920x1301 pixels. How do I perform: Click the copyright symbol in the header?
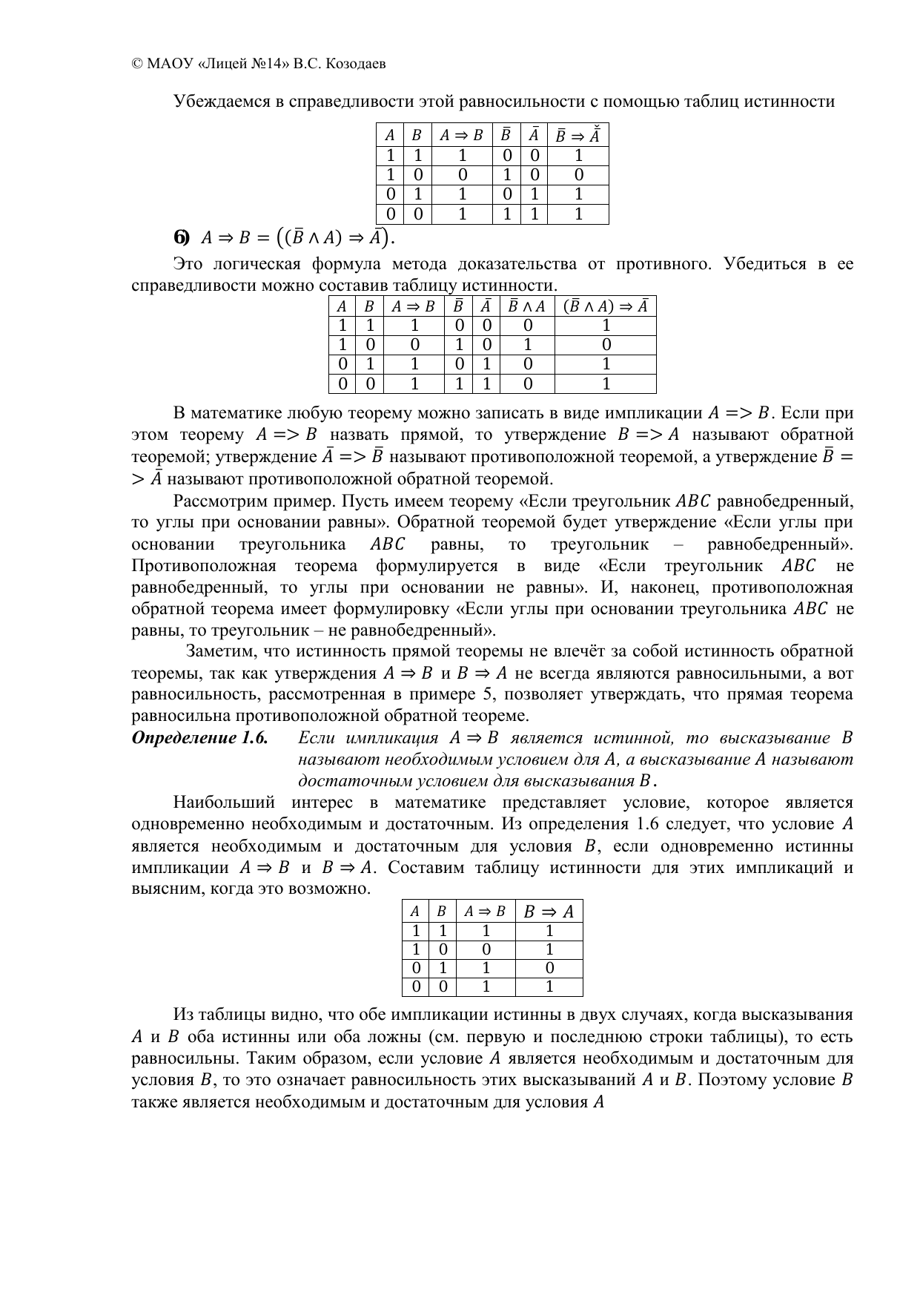pos(136,64)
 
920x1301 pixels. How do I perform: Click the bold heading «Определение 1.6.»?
pos(199,738)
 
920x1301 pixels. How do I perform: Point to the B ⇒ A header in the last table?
pos(549,912)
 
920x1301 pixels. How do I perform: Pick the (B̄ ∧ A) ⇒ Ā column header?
pos(606,306)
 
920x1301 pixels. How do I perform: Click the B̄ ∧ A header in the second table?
pos(527,306)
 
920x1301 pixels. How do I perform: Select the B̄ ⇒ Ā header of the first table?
pos(578,135)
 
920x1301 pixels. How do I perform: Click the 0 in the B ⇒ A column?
pos(549,968)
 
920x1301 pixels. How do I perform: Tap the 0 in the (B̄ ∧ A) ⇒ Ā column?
pos(606,345)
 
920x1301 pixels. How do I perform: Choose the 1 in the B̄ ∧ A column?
pos(527,345)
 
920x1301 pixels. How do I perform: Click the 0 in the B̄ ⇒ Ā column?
pos(578,175)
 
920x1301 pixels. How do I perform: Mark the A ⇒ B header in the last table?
pos(485,912)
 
